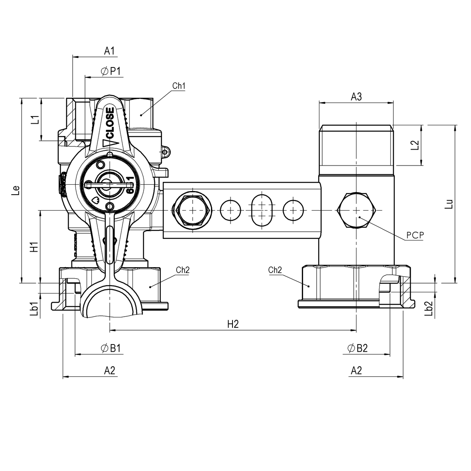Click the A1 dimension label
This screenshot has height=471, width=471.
(109, 51)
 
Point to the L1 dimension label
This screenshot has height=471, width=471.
(35, 119)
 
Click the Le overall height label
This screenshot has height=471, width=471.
(15, 190)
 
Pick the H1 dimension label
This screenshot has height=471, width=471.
(35, 247)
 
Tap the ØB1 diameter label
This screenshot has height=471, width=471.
(110, 349)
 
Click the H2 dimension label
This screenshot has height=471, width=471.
(233, 325)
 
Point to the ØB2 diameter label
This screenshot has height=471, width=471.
(357, 349)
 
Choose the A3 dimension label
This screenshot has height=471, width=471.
(356, 97)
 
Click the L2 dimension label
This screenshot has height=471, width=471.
(415, 145)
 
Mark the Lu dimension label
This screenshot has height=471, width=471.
(449, 204)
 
